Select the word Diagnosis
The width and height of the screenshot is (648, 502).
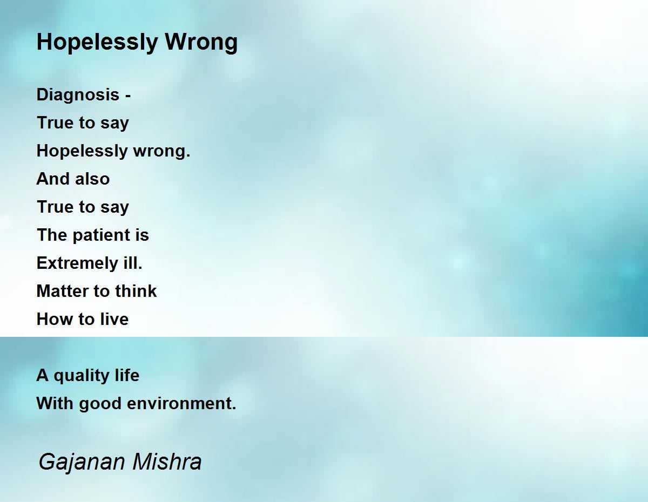coord(78,96)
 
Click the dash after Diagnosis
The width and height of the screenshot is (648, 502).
coord(128,96)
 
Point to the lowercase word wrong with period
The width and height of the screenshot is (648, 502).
coord(161,152)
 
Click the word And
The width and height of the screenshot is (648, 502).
coord(53,179)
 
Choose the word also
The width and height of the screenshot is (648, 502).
coord(92,179)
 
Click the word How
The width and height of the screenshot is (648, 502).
coord(55,319)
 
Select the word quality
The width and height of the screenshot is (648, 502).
coord(82,376)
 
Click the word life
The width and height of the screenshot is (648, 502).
coord(127,375)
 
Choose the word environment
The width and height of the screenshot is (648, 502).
coord(181,404)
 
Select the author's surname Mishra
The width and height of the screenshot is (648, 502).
coord(167,462)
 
